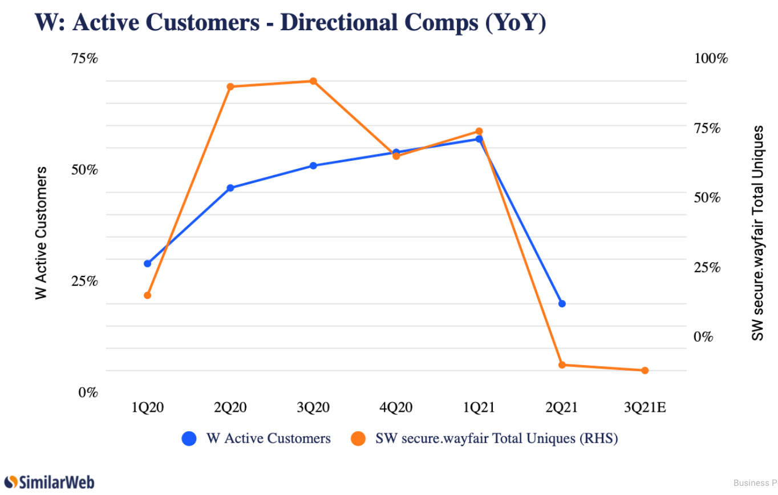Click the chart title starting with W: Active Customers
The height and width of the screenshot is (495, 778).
[x=290, y=23]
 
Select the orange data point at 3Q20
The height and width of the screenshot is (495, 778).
[x=313, y=81]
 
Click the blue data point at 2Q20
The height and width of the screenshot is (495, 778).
[x=230, y=188]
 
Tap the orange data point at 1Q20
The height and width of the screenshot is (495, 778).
[x=147, y=295]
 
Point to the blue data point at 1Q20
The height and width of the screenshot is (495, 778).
[x=147, y=263]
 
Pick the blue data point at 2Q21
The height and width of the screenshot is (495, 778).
[x=562, y=303]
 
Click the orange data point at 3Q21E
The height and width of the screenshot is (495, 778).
[x=645, y=371]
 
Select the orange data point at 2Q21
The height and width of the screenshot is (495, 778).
[x=562, y=365]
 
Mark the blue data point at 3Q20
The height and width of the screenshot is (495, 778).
[x=313, y=166]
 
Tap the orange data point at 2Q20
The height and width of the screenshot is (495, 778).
[x=230, y=87]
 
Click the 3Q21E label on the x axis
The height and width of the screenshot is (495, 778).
[x=645, y=408]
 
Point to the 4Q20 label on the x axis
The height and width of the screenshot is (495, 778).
[x=396, y=408]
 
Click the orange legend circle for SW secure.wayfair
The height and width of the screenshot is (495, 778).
[x=358, y=439]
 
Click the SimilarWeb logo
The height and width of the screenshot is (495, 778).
[x=49, y=482]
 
